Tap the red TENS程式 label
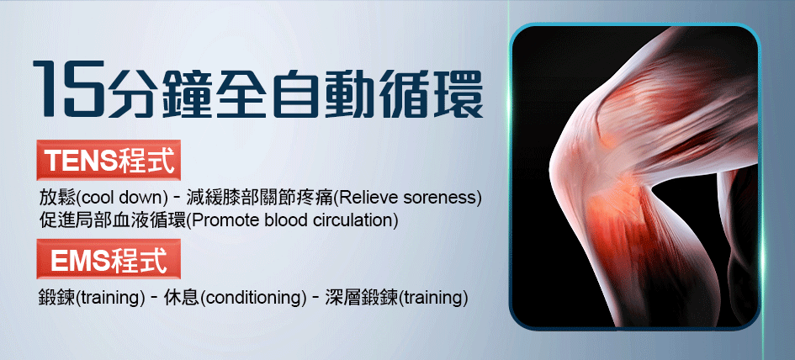coord(109,160)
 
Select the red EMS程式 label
coord(109,259)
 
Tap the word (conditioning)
coord(253,298)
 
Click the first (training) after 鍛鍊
coord(108,298)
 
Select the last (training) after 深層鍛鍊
coord(435,298)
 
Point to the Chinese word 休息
coord(182,298)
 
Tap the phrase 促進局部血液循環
coord(113,220)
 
